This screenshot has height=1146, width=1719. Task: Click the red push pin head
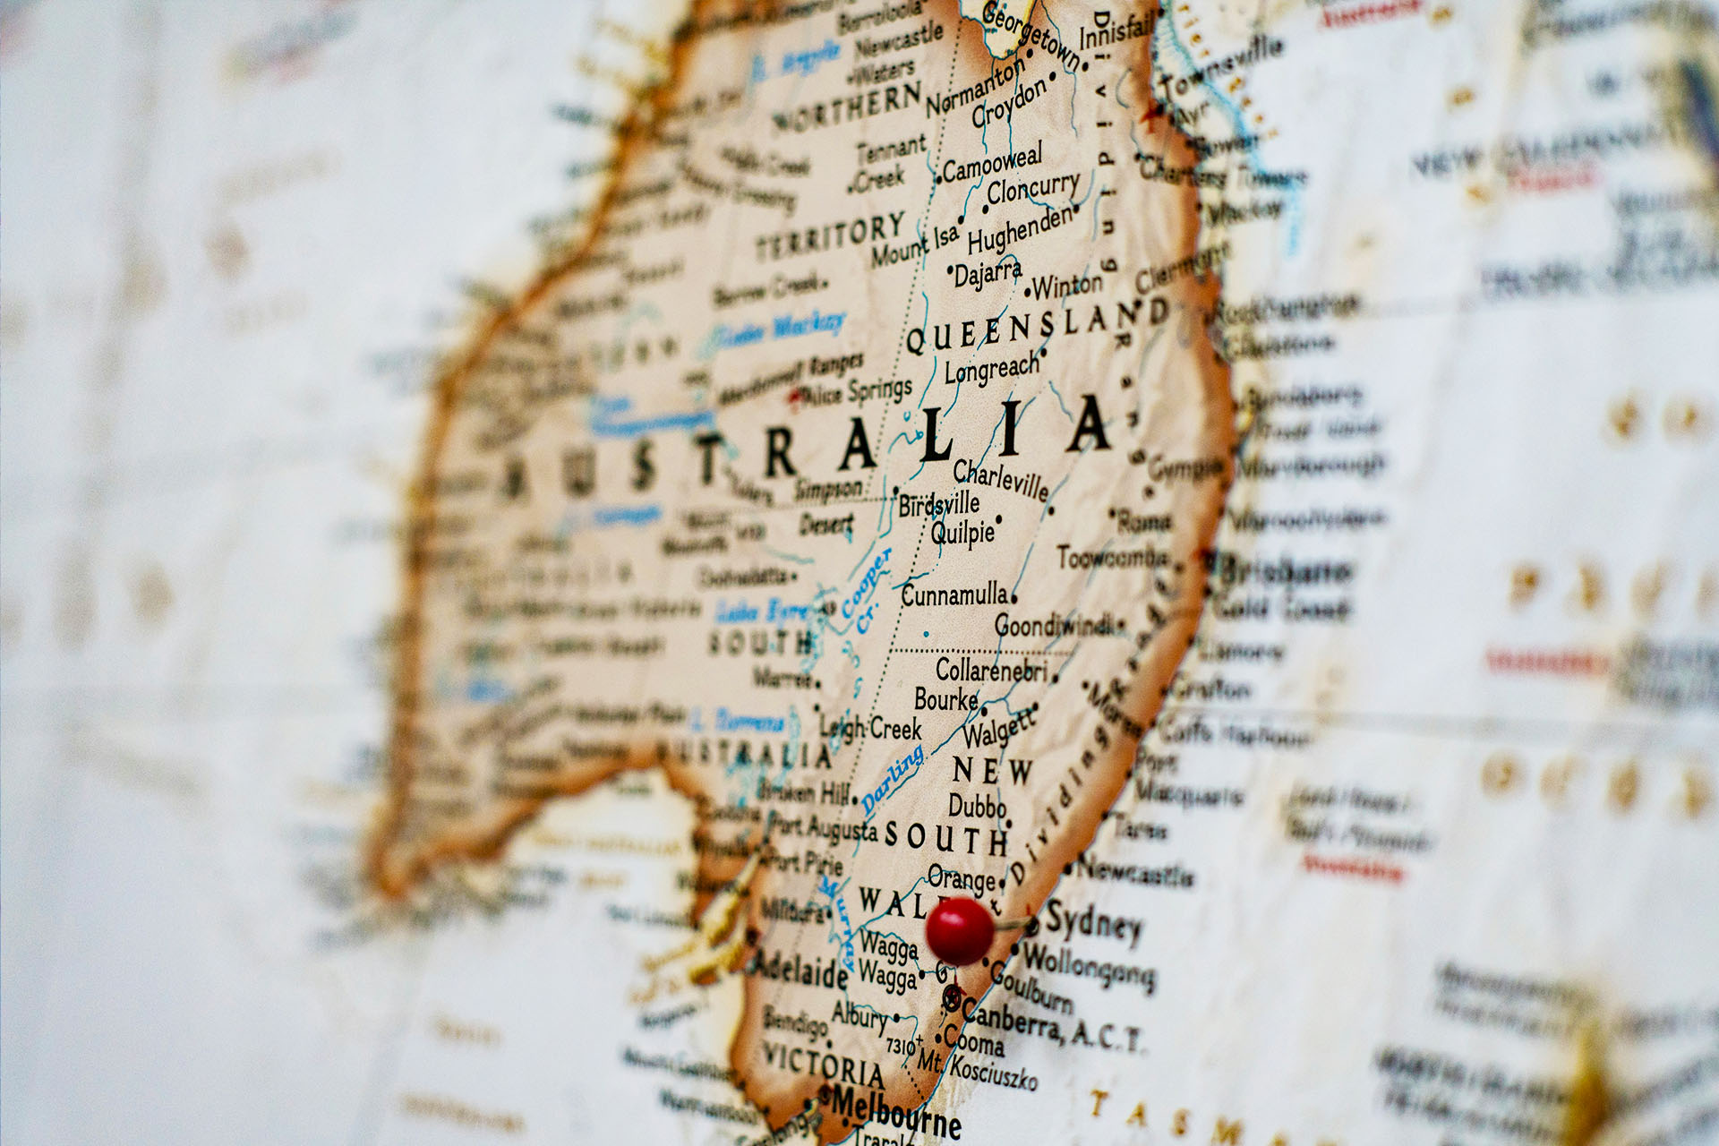[959, 931]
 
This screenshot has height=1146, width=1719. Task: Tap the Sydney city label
[1093, 921]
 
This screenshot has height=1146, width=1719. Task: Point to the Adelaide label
[800, 969]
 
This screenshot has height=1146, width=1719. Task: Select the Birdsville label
[939, 504]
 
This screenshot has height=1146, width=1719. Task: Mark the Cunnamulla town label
[954, 594]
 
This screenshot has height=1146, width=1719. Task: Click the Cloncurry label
[1033, 189]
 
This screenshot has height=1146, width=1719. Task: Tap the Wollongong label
[1088, 966]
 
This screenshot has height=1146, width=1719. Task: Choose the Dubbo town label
[977, 805]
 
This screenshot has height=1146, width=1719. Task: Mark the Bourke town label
[945, 699]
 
